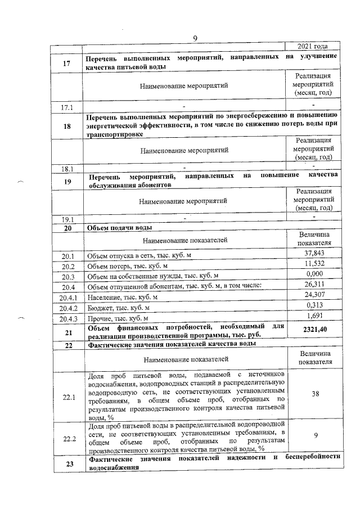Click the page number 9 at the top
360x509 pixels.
pyautogui.click(x=195, y=38)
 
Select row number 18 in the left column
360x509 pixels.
pyautogui.click(x=67, y=127)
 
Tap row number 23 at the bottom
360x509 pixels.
pyautogui.click(x=67, y=463)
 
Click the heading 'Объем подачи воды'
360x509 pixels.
pyautogui.click(x=119, y=228)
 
